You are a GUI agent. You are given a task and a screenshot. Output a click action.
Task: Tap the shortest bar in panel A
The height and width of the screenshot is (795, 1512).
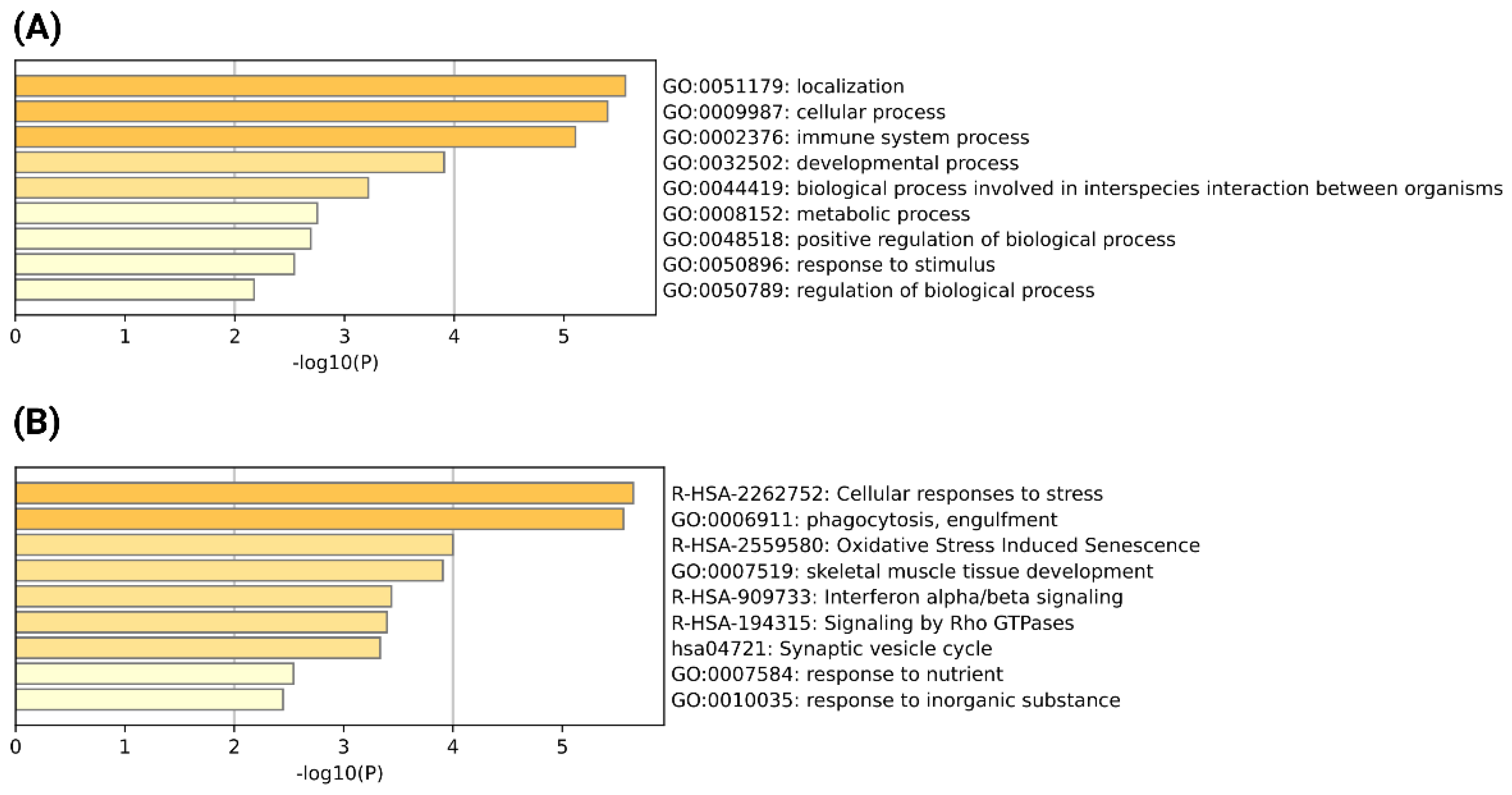(x=134, y=290)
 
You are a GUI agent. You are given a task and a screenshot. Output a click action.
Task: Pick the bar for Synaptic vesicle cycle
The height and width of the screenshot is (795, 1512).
(x=198, y=648)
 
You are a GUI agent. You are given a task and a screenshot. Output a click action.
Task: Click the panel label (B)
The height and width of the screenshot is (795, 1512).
(x=36, y=423)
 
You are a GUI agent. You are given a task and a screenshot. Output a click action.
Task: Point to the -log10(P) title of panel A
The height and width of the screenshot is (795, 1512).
(x=335, y=363)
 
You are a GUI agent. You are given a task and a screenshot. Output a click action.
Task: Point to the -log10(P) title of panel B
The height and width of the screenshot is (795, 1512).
(x=339, y=774)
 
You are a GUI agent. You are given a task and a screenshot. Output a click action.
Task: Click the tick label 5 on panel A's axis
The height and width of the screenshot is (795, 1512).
(x=563, y=337)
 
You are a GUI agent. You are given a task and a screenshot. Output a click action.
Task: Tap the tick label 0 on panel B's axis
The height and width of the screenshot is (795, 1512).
(x=16, y=747)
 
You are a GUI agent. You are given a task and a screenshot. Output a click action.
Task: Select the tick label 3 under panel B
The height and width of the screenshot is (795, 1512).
(x=344, y=747)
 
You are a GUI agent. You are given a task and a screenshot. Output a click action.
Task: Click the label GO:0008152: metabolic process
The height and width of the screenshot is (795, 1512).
(x=816, y=214)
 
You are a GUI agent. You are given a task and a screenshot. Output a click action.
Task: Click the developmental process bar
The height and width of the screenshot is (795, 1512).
(x=229, y=162)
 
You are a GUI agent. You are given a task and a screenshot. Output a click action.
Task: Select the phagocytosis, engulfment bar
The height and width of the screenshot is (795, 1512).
(x=319, y=519)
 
